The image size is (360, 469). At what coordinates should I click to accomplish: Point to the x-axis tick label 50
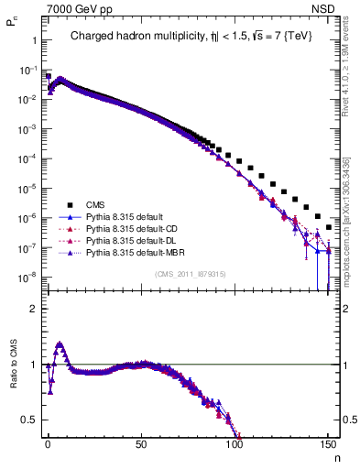click(x=140, y=442)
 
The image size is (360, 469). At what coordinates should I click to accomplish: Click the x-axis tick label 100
click(x=235, y=442)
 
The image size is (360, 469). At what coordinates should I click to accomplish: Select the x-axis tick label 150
click(x=327, y=442)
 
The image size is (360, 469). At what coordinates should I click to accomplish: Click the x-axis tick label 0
click(x=47, y=442)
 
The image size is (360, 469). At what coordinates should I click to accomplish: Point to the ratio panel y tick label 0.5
click(x=27, y=420)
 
